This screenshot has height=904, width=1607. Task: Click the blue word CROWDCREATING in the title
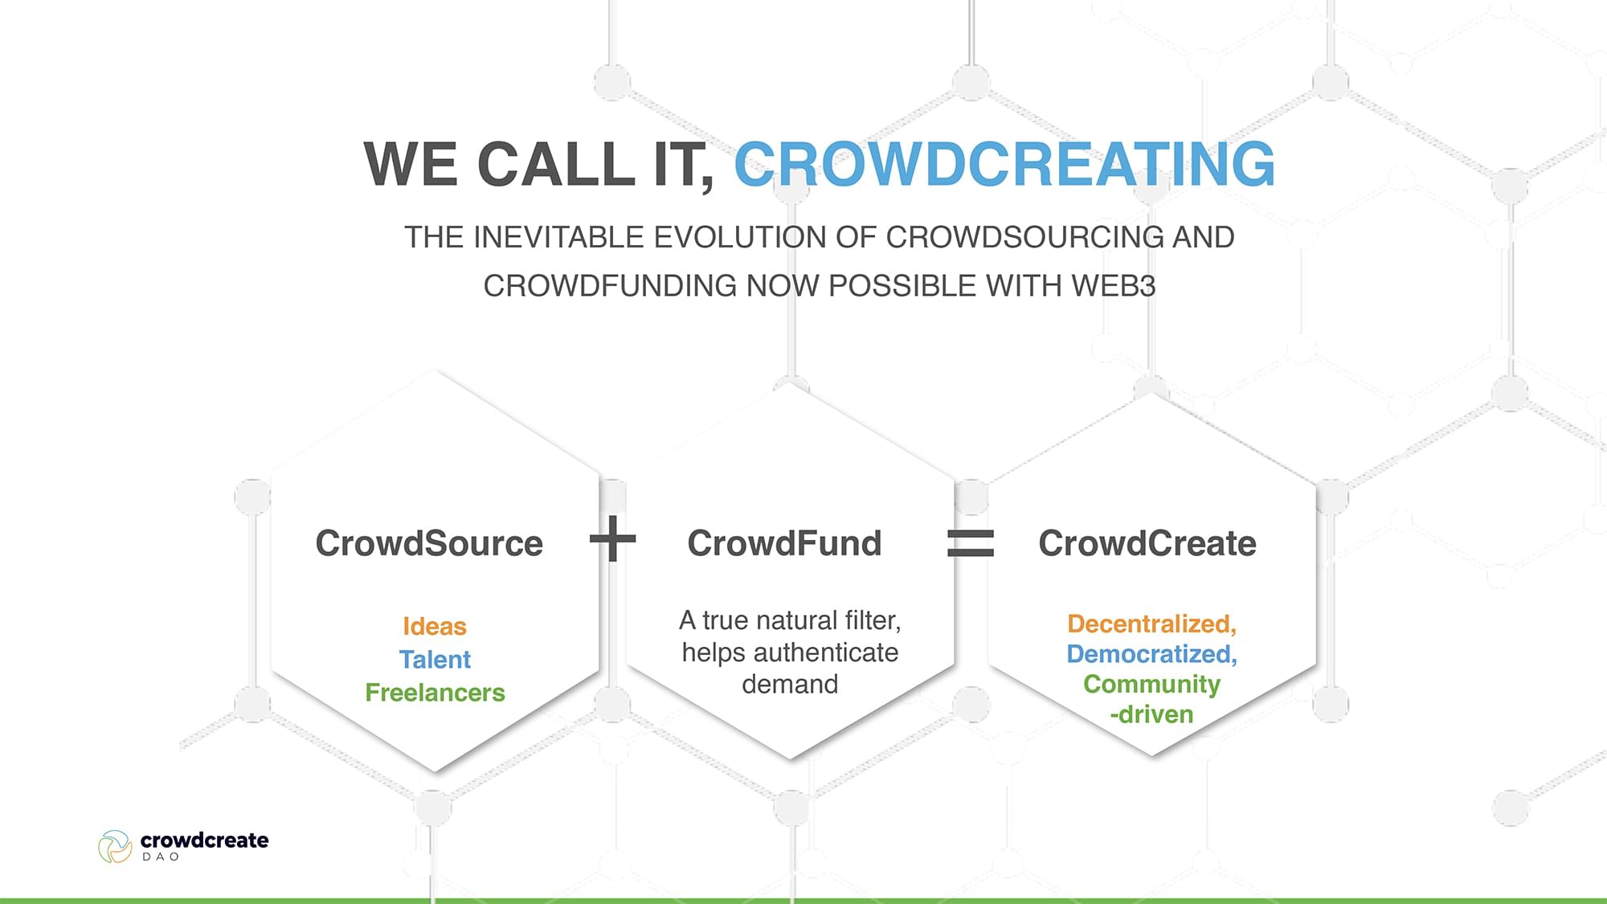click(x=1004, y=164)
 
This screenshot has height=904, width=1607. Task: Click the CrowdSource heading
click(x=429, y=543)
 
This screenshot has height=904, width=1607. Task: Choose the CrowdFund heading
click(x=784, y=543)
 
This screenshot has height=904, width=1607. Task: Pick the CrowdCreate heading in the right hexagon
click(x=1147, y=543)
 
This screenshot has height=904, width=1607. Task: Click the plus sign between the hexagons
click(x=613, y=538)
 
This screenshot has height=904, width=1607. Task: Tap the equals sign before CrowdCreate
click(x=971, y=542)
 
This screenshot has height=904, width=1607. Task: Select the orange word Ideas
click(x=435, y=626)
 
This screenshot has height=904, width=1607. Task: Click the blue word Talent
click(x=435, y=659)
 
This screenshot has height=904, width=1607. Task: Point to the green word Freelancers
click(x=435, y=693)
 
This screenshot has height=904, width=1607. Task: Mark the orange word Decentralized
click(x=1150, y=624)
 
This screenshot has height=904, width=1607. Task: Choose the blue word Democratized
click(x=1150, y=654)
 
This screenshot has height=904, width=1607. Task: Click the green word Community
click(x=1151, y=684)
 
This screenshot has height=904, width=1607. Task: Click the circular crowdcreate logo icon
click(x=115, y=847)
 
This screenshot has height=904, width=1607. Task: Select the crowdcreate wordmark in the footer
click(x=204, y=841)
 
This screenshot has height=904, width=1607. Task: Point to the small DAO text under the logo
click(x=161, y=857)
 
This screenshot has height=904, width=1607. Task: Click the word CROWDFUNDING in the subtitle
click(x=610, y=286)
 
